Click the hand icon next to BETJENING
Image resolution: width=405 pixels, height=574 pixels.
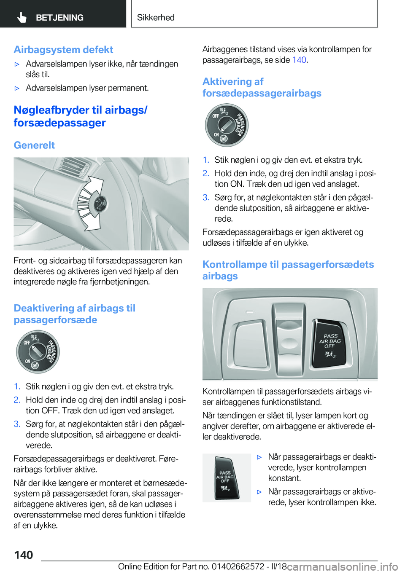coord(22,17)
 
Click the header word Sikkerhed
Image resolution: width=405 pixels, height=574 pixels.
coord(156,17)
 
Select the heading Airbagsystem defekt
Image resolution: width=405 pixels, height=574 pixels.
coord(63,50)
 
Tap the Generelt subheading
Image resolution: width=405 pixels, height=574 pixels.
coord(34,145)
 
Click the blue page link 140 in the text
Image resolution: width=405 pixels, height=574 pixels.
coord(299,60)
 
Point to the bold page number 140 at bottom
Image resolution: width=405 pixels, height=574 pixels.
coord(24,555)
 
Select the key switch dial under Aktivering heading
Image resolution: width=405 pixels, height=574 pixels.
coord(227,125)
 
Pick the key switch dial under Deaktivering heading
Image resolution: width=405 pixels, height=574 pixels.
coord(38,351)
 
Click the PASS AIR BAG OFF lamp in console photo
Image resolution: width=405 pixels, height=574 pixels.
coord(330,343)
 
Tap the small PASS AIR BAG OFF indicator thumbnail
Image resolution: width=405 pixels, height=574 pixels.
coord(226,478)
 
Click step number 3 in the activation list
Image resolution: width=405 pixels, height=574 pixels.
coord(205,197)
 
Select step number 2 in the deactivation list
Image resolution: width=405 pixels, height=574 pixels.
coord(17,400)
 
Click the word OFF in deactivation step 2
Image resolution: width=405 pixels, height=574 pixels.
coord(50,410)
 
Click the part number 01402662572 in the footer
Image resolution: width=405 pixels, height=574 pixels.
coord(238,566)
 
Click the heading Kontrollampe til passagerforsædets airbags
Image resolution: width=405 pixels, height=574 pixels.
coord(288,270)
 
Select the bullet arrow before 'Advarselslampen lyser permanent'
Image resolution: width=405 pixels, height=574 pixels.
coord(17,88)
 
